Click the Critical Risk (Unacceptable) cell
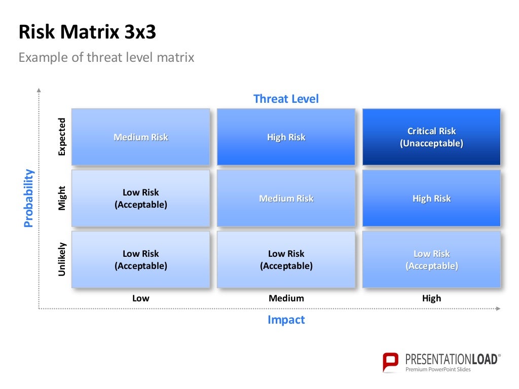(x=431, y=137)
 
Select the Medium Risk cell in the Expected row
(x=140, y=137)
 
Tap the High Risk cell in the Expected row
(x=286, y=137)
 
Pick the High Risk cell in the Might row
(x=431, y=199)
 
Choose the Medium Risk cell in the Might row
(x=286, y=199)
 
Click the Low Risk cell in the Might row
(x=140, y=199)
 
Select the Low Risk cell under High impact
(x=431, y=260)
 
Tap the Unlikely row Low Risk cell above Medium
(x=286, y=260)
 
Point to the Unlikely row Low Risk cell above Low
(x=140, y=260)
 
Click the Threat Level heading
(x=286, y=99)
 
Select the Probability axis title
(x=29, y=198)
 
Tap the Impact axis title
(x=286, y=320)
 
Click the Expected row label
(x=62, y=137)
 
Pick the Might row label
(x=62, y=199)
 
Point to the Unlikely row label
(x=62, y=260)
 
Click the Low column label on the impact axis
(x=140, y=298)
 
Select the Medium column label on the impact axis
(x=286, y=298)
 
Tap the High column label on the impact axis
(x=431, y=298)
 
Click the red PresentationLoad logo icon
(x=391, y=362)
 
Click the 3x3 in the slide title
(x=137, y=32)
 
